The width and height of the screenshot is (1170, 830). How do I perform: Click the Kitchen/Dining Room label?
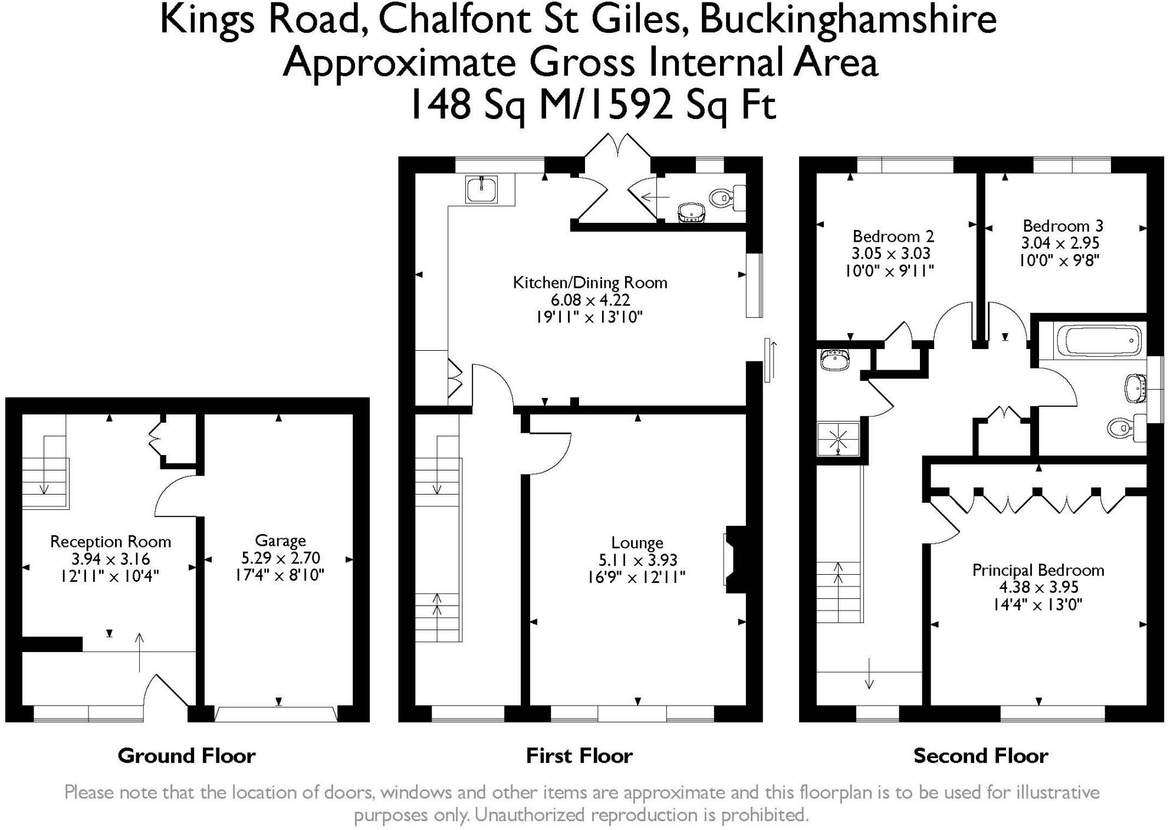coord(590,282)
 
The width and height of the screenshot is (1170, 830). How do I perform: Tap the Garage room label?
coord(280,541)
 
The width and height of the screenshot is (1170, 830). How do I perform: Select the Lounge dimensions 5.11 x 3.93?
coord(637,559)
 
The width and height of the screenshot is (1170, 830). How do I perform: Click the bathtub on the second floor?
coord(1099,341)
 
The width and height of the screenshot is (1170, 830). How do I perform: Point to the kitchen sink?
coord(482,189)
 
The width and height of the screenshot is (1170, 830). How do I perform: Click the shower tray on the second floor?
coord(838,439)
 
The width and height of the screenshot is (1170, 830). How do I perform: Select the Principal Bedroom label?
coord(1038,570)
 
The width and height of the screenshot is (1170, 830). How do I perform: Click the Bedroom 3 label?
coord(1063,226)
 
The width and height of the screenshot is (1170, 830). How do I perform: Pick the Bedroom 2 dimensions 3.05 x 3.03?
coord(890,253)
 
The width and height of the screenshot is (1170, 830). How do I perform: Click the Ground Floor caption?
coord(186,756)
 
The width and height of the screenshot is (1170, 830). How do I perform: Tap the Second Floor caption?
coord(981,756)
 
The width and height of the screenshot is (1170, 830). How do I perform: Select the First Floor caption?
coord(579,756)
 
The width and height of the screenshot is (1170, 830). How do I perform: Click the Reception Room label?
coord(110,542)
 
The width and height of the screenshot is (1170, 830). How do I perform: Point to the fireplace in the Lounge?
coord(735,559)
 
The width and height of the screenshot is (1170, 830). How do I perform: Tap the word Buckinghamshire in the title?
coord(848,19)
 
